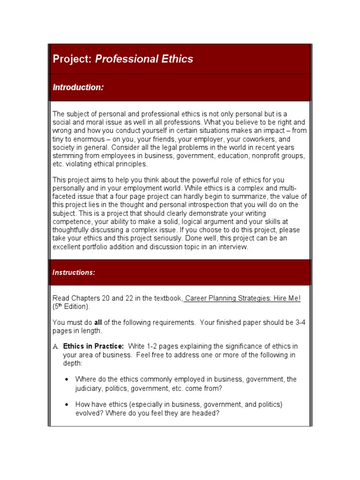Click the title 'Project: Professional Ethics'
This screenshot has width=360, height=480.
(123, 59)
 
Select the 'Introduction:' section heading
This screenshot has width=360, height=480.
(78, 87)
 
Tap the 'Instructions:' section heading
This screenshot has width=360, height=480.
(74, 272)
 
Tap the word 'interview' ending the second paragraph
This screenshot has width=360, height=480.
(232, 247)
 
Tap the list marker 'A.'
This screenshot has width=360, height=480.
(55, 346)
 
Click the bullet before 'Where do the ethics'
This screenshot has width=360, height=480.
(68, 379)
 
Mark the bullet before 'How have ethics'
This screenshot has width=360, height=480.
(68, 405)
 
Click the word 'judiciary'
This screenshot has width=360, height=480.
(89, 388)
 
